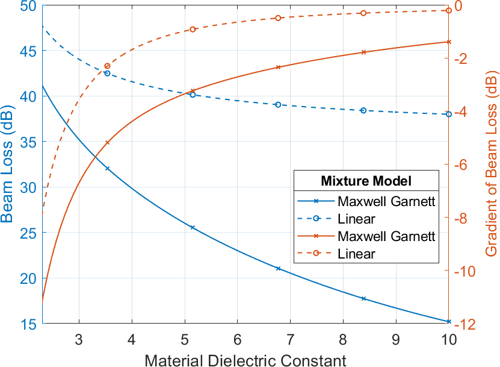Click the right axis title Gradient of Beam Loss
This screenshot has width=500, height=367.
point(491,165)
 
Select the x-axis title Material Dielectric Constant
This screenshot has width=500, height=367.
point(245,360)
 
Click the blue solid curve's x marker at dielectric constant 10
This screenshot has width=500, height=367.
point(449,322)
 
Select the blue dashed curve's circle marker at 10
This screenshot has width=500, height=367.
point(449,114)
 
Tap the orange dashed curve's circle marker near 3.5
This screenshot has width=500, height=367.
point(107,66)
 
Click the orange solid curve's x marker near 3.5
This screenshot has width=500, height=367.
point(107,143)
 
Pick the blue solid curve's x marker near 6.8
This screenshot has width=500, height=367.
point(278,268)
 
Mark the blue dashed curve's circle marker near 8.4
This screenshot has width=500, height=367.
point(363,110)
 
